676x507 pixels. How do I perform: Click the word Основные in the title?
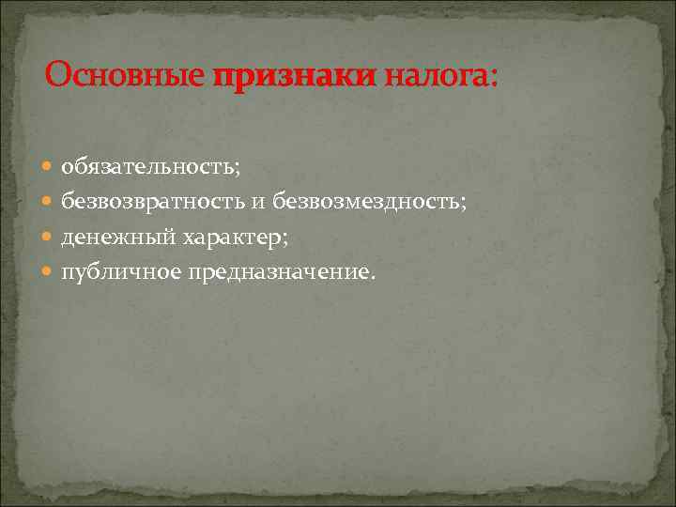coord(125,75)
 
